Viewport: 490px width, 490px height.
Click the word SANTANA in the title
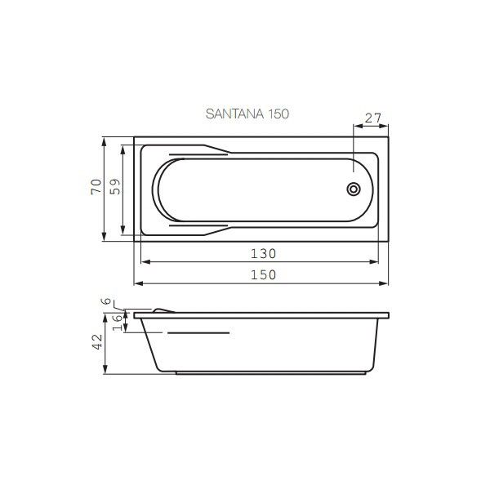(234, 114)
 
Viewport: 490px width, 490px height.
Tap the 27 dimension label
(373, 118)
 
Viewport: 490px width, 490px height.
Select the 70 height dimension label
(96, 186)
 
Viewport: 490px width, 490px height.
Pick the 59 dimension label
(115, 186)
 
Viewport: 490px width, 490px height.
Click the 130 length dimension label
(264, 253)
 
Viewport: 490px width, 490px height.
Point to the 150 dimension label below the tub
(264, 274)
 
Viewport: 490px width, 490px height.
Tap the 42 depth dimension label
(97, 342)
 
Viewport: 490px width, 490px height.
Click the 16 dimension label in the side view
(117, 323)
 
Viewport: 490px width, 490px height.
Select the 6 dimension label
(106, 301)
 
